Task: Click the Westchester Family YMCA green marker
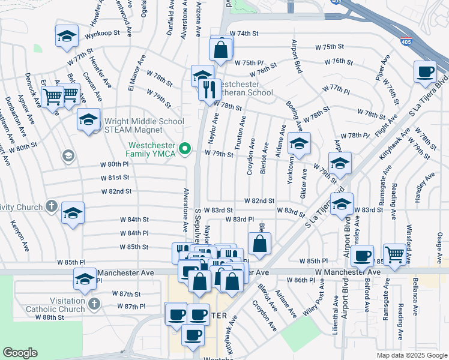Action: tap(185, 148)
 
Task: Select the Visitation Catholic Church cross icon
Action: tap(94, 304)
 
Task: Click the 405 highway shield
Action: tap(406, 42)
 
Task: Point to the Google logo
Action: tap(20, 352)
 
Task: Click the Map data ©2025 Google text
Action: tap(411, 355)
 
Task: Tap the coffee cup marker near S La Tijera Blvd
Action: tap(425, 72)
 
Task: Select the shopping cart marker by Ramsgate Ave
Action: tap(395, 254)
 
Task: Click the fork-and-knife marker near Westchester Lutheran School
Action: tap(209, 90)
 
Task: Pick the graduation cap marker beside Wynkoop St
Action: tap(67, 35)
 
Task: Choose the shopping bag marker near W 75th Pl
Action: tap(221, 50)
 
